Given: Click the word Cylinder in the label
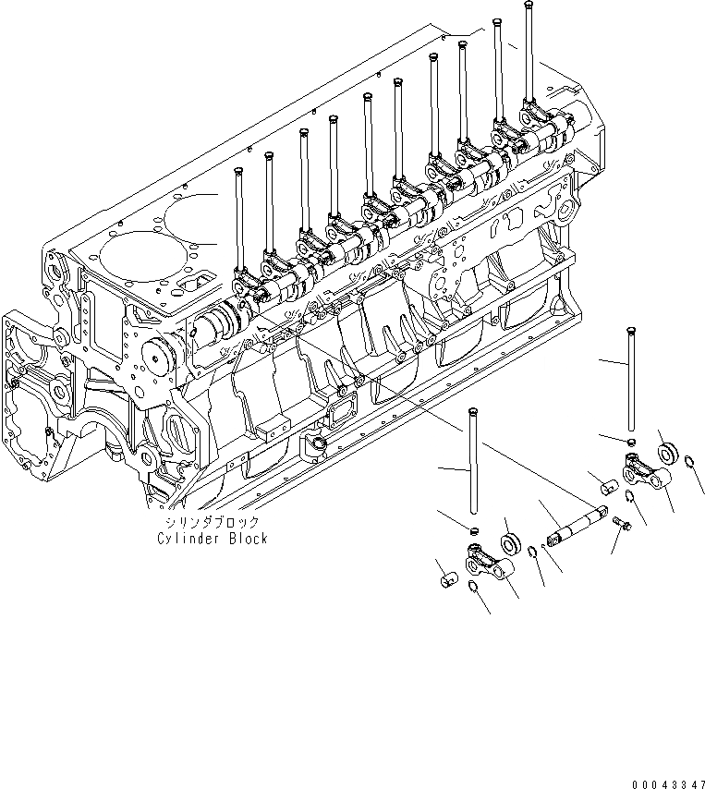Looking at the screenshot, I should coord(185,539).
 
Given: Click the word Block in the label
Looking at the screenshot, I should coord(246,539).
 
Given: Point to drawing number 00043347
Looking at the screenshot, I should coord(668,783).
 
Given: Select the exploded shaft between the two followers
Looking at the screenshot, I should coord(577,526).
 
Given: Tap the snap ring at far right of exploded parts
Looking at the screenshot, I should coord(690,462).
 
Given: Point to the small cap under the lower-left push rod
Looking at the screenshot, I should coord(473,531).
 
